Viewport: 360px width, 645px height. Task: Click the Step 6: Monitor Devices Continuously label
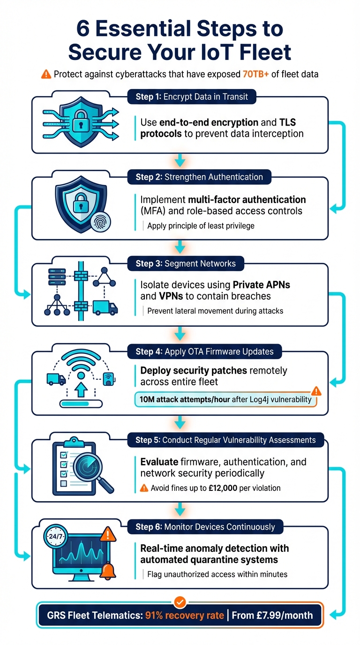click(205, 527)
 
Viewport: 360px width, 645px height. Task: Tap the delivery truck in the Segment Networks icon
click(105, 307)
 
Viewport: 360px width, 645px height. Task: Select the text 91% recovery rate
click(185, 615)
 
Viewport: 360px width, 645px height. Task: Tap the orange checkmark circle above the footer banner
click(180, 601)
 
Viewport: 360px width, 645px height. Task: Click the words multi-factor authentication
click(247, 200)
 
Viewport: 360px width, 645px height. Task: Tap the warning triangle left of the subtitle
click(46, 74)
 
